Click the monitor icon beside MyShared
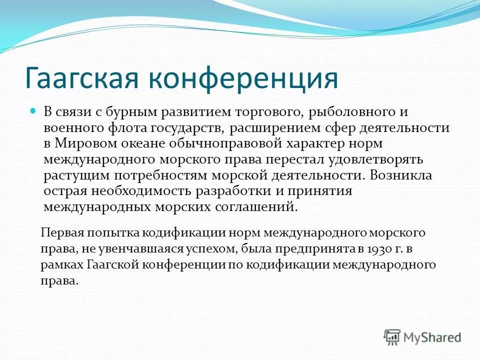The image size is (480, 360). [392, 337]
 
